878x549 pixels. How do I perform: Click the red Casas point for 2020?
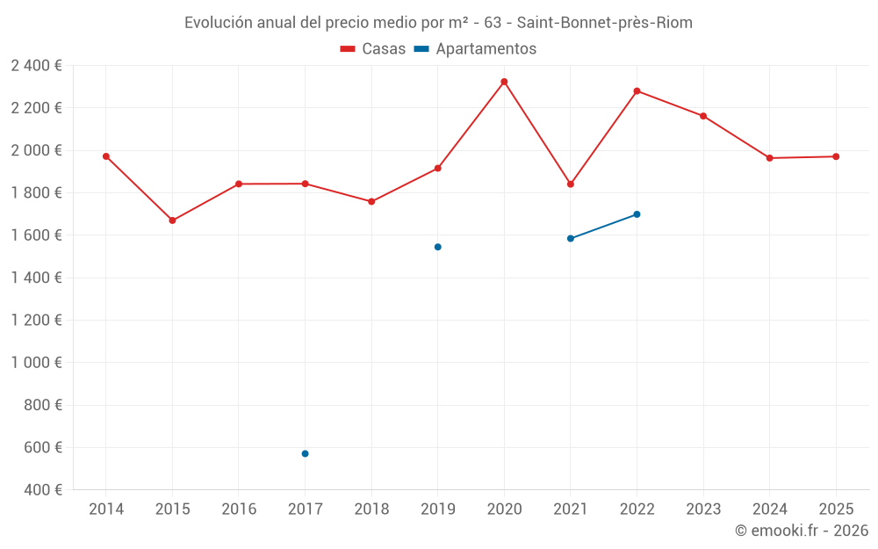pyautogui.click(x=504, y=82)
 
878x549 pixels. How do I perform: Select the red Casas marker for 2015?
pyautogui.click(x=172, y=220)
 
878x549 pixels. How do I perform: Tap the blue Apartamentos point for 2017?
pyautogui.click(x=305, y=453)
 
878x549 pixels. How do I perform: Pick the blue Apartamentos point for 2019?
pyautogui.click(x=437, y=247)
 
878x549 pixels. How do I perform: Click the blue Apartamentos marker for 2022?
pyautogui.click(x=637, y=214)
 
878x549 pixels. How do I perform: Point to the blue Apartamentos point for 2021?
pyautogui.click(x=571, y=238)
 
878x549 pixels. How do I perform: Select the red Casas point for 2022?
pyautogui.click(x=637, y=90)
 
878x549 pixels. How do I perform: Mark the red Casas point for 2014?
pyautogui.click(x=106, y=156)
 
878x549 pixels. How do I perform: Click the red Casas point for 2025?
pyautogui.click(x=836, y=156)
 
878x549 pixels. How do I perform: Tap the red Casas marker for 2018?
pyautogui.click(x=371, y=201)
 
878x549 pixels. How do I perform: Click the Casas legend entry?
pyautogui.click(x=373, y=49)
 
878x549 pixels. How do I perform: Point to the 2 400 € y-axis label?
pyautogui.click(x=36, y=65)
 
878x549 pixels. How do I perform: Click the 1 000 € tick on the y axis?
pyautogui.click(x=36, y=362)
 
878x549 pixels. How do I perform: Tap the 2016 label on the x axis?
pyautogui.click(x=239, y=509)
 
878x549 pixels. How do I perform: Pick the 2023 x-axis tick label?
pyautogui.click(x=703, y=509)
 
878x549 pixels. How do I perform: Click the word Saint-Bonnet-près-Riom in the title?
pyautogui.click(x=604, y=23)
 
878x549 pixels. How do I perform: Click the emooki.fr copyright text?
pyautogui.click(x=802, y=531)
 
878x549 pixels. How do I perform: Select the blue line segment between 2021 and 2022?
pyautogui.click(x=604, y=227)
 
